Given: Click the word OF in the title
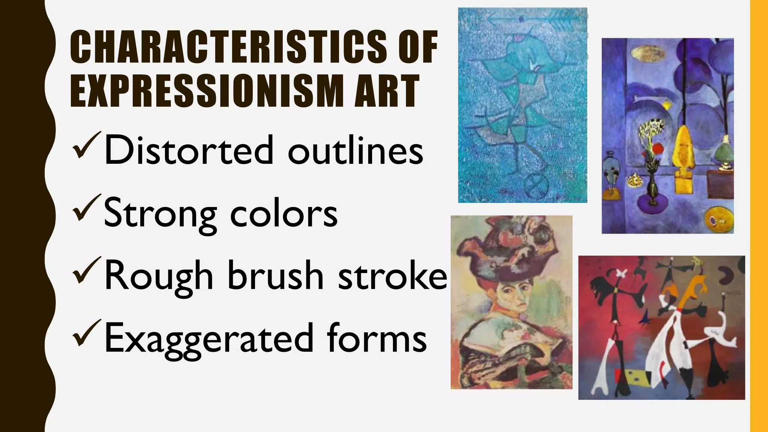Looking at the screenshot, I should pos(418,47).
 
